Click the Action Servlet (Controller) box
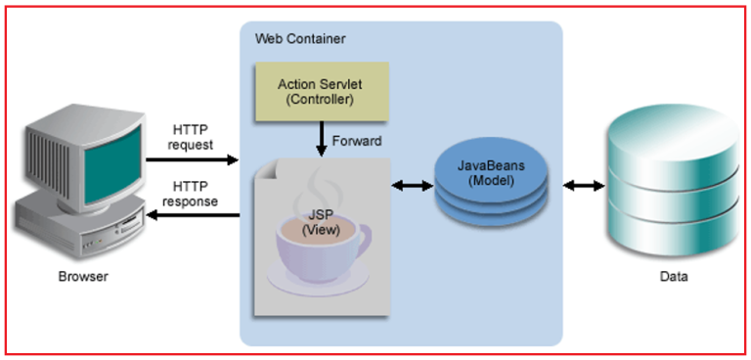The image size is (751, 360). click(x=321, y=89)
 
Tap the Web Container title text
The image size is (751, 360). click(x=300, y=38)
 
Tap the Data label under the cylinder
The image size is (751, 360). click(x=672, y=277)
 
